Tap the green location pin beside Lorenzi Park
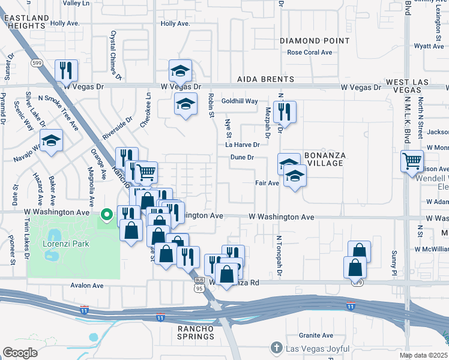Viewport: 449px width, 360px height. (x=107, y=214)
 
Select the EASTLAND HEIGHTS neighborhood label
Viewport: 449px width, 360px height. (x=26, y=23)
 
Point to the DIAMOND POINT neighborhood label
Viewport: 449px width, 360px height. (x=314, y=41)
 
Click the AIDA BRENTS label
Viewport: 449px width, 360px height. (x=266, y=79)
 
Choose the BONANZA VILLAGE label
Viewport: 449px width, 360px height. (x=324, y=160)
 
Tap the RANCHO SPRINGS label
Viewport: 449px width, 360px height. (x=195, y=332)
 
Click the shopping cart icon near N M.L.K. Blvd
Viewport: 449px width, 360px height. (x=412, y=161)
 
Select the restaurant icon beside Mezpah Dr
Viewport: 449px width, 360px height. (x=285, y=112)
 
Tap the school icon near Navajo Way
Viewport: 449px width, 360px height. (x=52, y=141)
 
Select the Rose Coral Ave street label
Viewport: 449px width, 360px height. (x=310, y=53)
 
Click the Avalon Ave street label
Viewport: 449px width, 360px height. (x=87, y=286)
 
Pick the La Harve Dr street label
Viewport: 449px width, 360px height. (x=243, y=145)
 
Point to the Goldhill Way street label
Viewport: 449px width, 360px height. (x=240, y=101)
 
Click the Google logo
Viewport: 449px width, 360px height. (x=20, y=352)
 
